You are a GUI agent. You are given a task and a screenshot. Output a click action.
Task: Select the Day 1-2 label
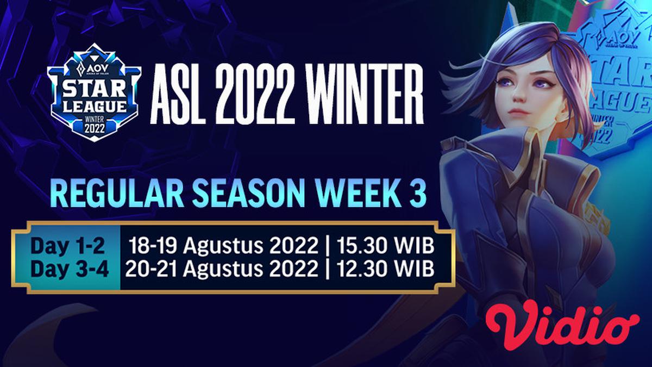tap(67, 246)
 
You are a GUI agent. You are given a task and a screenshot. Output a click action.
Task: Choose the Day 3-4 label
tap(67, 269)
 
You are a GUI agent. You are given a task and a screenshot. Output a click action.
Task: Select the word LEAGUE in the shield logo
tap(94, 105)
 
